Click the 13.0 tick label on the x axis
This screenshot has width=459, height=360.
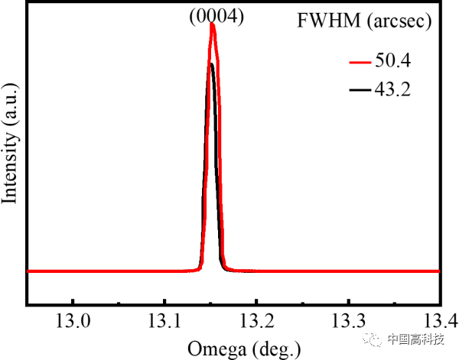coord(73,318)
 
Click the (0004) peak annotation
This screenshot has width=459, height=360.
coord(216,16)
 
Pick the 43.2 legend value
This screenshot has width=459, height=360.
coord(392,89)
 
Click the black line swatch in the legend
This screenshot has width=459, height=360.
coord(359,90)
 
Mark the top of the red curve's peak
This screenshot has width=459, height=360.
coord(213,25)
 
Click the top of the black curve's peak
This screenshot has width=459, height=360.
coord(210,63)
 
